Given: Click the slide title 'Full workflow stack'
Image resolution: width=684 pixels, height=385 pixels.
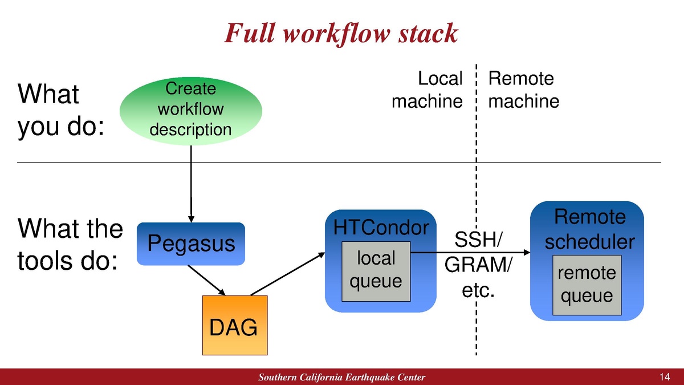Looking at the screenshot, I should tap(341, 33).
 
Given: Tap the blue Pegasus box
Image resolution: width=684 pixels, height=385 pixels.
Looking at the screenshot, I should tap(191, 244).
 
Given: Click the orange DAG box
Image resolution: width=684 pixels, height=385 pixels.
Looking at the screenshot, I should tap(234, 326).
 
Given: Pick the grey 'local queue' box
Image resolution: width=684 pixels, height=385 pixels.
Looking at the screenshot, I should tap(376, 270).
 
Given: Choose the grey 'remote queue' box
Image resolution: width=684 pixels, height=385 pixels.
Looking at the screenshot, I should tap(586, 285).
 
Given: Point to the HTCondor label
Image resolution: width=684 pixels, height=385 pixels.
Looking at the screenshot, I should tap(381, 228).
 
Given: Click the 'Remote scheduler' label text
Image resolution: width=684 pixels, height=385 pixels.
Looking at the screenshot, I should tap(589, 229).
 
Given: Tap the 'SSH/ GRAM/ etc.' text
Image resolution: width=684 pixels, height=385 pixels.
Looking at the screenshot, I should tap(478, 265).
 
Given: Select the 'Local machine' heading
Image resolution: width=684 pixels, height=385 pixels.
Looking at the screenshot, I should tap(427, 90).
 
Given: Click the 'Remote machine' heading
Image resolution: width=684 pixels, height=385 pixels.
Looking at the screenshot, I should tap(523, 90).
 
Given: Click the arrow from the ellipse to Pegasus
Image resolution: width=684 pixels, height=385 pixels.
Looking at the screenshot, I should tap(191, 183).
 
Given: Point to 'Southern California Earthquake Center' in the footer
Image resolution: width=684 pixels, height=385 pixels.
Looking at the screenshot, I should tap(341, 378).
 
